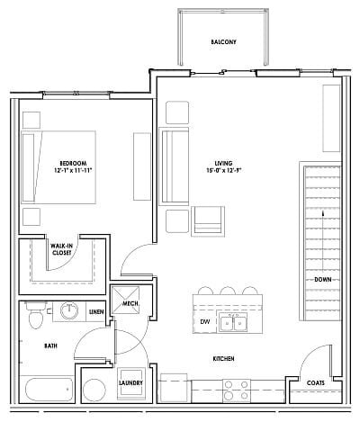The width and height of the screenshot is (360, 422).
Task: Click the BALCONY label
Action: pyautogui.click(x=223, y=42)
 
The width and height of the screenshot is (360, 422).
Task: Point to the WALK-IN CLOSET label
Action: pyautogui.click(x=61, y=249)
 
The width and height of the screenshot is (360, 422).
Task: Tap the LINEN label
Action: pyautogui.click(x=95, y=312)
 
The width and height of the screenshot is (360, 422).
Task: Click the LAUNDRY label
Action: pyautogui.click(x=131, y=383)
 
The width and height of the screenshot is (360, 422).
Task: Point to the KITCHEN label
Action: pyautogui.click(x=223, y=359)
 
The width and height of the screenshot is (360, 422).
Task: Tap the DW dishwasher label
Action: pyautogui.click(x=205, y=321)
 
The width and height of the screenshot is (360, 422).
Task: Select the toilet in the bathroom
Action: pyautogui.click(x=35, y=316)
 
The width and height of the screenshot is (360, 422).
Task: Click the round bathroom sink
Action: pyautogui.click(x=70, y=311)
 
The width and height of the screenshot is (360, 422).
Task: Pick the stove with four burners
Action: pyautogui.click(x=236, y=391)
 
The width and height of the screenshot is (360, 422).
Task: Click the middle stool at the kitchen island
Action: pyautogui.click(x=227, y=291)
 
